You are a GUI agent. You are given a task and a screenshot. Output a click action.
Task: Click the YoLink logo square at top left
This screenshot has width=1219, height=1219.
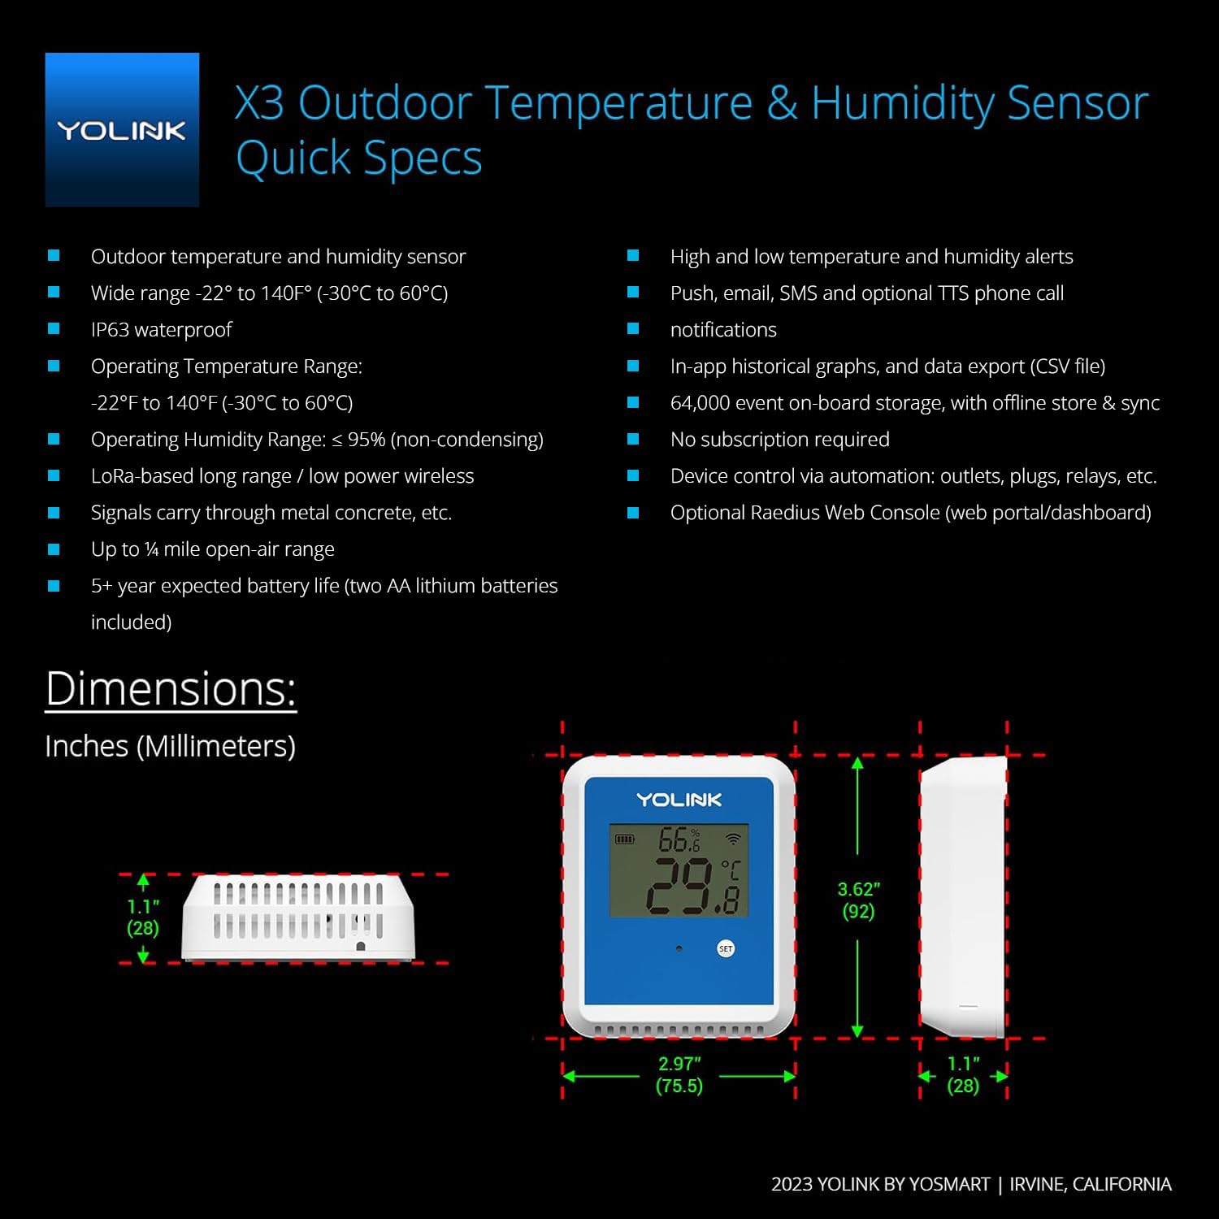(122, 130)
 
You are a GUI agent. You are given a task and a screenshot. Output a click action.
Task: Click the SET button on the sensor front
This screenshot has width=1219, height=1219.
(726, 948)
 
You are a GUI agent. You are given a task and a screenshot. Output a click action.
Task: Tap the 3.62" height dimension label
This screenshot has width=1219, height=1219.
(858, 900)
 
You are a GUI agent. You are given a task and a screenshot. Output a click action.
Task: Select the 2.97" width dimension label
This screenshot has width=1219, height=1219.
(679, 1074)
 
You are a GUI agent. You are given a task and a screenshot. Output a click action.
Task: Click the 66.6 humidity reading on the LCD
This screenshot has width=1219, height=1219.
(679, 839)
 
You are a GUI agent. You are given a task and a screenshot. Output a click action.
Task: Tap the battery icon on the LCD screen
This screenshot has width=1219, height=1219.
(624, 839)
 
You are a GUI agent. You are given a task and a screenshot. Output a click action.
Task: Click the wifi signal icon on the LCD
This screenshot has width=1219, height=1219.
(733, 839)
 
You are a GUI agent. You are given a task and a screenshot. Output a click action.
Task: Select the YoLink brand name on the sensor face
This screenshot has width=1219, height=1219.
(679, 800)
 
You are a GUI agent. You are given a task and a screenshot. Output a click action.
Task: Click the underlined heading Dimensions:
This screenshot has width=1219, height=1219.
(171, 689)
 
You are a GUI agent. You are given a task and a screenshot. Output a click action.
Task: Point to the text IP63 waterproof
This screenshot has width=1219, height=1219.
(161, 329)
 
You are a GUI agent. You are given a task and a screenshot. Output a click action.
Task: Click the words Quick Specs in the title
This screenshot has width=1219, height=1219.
(358, 158)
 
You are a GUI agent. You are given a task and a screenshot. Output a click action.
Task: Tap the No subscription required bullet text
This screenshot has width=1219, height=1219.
(779, 439)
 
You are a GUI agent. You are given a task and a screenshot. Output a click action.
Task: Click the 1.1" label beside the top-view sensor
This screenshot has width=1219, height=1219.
(143, 917)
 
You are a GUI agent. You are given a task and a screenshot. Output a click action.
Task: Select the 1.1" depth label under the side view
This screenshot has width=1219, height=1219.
(963, 1074)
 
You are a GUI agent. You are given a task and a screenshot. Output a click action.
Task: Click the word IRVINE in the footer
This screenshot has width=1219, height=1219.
(1036, 1184)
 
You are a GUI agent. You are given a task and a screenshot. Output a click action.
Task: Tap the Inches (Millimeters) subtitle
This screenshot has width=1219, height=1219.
(170, 746)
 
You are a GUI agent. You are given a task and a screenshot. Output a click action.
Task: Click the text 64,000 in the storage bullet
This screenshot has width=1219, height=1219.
(700, 402)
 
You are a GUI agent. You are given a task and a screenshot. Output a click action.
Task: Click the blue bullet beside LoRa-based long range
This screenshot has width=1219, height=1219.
(54, 475)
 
